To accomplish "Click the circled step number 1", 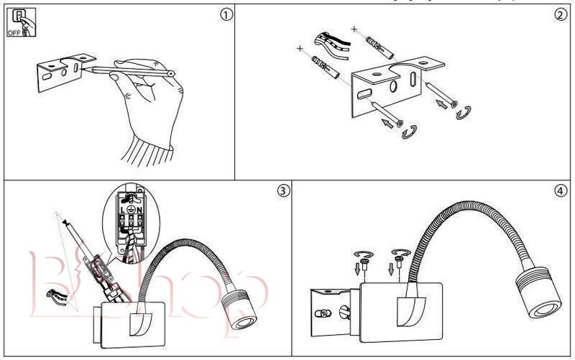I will [x=227, y=15].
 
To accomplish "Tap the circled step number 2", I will [x=561, y=15].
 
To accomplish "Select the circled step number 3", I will [x=283, y=190].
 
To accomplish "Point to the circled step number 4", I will [x=561, y=190].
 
